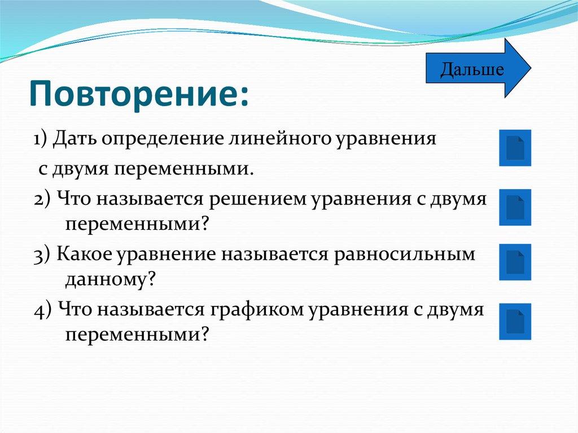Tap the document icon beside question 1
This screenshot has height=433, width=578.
[515, 148]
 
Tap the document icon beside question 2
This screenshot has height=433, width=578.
[515, 207]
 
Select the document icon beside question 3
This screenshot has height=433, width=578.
[515, 262]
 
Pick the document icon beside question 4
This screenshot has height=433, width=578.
[515, 321]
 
